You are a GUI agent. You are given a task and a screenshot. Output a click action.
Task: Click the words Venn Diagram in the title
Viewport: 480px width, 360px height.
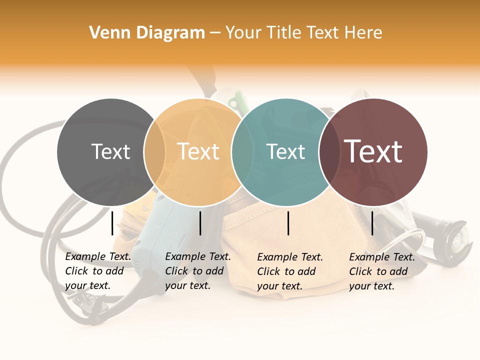pos(147,33)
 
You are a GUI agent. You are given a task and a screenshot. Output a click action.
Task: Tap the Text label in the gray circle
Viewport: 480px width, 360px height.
pos(110,152)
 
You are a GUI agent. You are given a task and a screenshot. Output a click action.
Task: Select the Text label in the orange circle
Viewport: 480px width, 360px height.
pos(198,152)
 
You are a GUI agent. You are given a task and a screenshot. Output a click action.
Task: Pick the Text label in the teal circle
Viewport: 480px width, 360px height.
pos(286,152)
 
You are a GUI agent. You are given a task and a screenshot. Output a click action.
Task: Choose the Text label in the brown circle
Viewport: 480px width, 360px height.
pos(373,151)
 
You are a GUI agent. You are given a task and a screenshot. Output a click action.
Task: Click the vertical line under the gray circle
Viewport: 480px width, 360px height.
pos(112,223)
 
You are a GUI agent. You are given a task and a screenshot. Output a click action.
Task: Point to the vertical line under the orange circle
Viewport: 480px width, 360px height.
pos(200,223)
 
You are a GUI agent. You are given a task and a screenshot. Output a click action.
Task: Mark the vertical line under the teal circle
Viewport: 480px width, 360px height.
pos(288,223)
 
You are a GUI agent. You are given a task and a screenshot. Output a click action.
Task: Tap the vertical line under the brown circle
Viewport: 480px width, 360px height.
pos(372,223)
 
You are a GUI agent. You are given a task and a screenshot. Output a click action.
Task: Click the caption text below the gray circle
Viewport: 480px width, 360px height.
pos(98,271)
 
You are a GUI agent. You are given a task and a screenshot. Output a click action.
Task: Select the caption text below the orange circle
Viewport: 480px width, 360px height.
pos(198,271)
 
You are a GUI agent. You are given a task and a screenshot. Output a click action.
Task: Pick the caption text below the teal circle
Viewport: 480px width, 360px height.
pos(290,271)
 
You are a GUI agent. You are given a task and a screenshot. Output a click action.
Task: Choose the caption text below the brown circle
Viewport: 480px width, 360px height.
pos(382,271)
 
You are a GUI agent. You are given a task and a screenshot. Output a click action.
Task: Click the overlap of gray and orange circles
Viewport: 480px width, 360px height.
pos(154,152)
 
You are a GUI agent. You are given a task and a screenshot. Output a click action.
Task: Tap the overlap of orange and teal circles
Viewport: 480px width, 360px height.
pos(242,152)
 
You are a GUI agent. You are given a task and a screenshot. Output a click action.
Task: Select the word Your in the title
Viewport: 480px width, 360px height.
pos(244,33)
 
